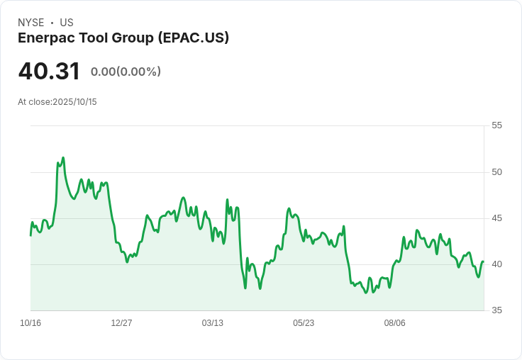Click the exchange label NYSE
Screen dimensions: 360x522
(31, 23)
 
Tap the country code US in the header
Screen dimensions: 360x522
(67, 23)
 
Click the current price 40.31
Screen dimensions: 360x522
(49, 71)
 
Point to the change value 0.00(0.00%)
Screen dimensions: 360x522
(126, 72)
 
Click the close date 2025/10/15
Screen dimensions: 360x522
(74, 102)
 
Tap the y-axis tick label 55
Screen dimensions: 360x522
(496, 125)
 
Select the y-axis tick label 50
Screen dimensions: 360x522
(496, 172)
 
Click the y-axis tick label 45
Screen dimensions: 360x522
(496, 218)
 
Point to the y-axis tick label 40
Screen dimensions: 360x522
(496, 264)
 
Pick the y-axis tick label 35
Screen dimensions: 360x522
(496, 310)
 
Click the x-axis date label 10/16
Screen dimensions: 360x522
(30, 323)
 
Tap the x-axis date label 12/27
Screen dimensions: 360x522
(121, 323)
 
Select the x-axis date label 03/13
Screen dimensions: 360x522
(212, 323)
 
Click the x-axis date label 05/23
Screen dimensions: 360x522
(304, 323)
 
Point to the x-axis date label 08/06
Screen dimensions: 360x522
(394, 323)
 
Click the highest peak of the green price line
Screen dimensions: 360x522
(63, 158)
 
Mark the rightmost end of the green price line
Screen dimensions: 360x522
(483, 261)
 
